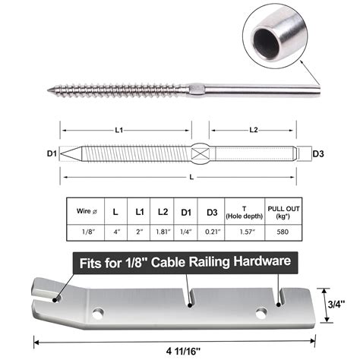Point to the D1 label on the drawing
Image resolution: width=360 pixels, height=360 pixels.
pyautogui.click(x=52, y=155)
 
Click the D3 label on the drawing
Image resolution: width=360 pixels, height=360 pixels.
pyautogui.click(x=317, y=155)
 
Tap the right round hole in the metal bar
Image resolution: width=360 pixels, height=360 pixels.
pyautogui.click(x=263, y=311)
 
